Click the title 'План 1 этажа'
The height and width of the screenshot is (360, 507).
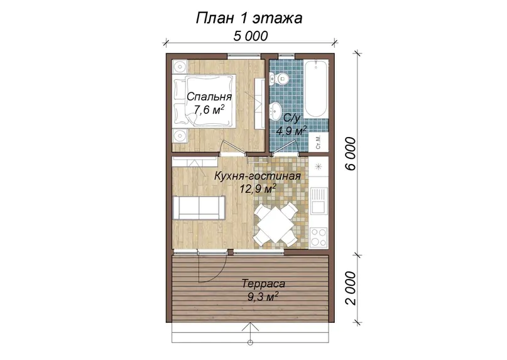(x=249, y=18)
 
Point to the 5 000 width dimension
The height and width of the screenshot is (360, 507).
(x=251, y=36)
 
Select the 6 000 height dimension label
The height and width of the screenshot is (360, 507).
(x=350, y=153)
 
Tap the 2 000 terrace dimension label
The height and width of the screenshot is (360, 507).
(x=350, y=288)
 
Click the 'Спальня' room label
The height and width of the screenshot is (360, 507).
(x=209, y=96)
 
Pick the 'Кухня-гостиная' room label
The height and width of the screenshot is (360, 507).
(x=258, y=176)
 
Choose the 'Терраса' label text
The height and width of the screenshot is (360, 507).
(x=263, y=283)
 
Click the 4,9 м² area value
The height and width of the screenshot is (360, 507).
(x=291, y=131)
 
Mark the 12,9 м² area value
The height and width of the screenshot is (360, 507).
(x=258, y=188)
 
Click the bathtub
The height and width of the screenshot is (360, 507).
(x=315, y=89)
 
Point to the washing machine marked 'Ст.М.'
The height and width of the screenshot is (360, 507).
(x=319, y=142)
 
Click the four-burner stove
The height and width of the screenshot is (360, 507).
(x=319, y=237)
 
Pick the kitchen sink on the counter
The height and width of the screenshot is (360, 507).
(x=319, y=200)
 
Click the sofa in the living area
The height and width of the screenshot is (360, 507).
(x=199, y=208)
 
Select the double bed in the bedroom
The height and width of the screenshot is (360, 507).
(x=204, y=101)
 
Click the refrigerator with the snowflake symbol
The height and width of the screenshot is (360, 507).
(x=319, y=167)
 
